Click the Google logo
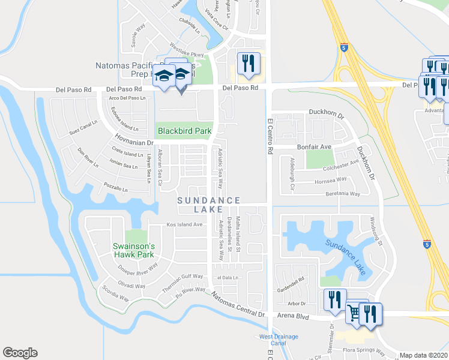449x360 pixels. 20,353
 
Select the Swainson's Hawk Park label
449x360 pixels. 134,250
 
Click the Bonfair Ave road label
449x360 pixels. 315,146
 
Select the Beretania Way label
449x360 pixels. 340,194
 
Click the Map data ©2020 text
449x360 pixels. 424,355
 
